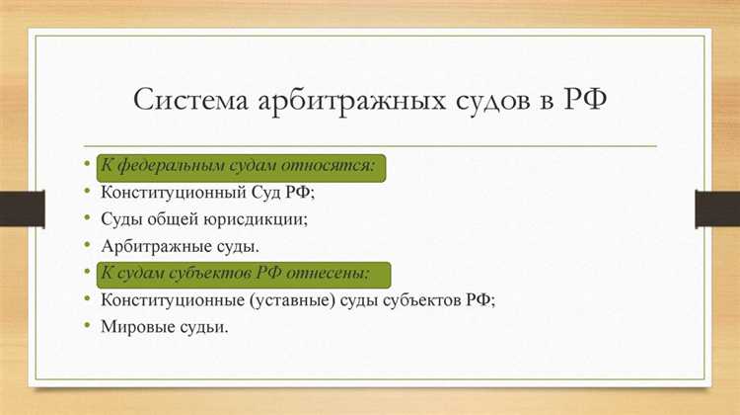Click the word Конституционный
174,192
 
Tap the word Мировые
134,325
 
